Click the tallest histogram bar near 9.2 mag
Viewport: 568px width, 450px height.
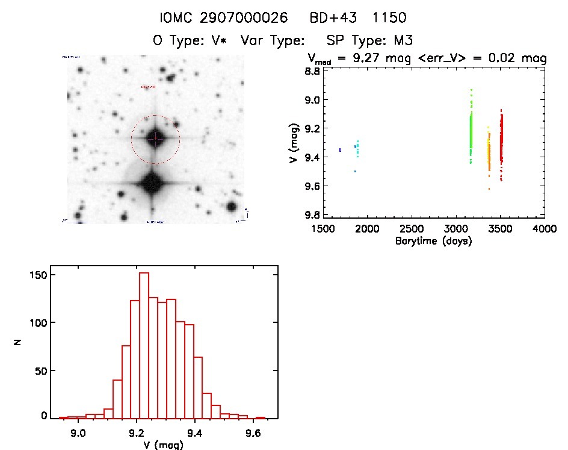coord(144,343)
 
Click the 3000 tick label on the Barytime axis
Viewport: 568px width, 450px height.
coord(456,229)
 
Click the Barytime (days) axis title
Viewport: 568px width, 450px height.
coord(433,241)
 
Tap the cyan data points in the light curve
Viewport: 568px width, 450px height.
coord(357,148)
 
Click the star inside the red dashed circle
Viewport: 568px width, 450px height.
coord(155,139)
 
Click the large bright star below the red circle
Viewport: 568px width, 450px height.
coord(151,184)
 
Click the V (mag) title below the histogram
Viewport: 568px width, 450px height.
coord(159,445)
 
